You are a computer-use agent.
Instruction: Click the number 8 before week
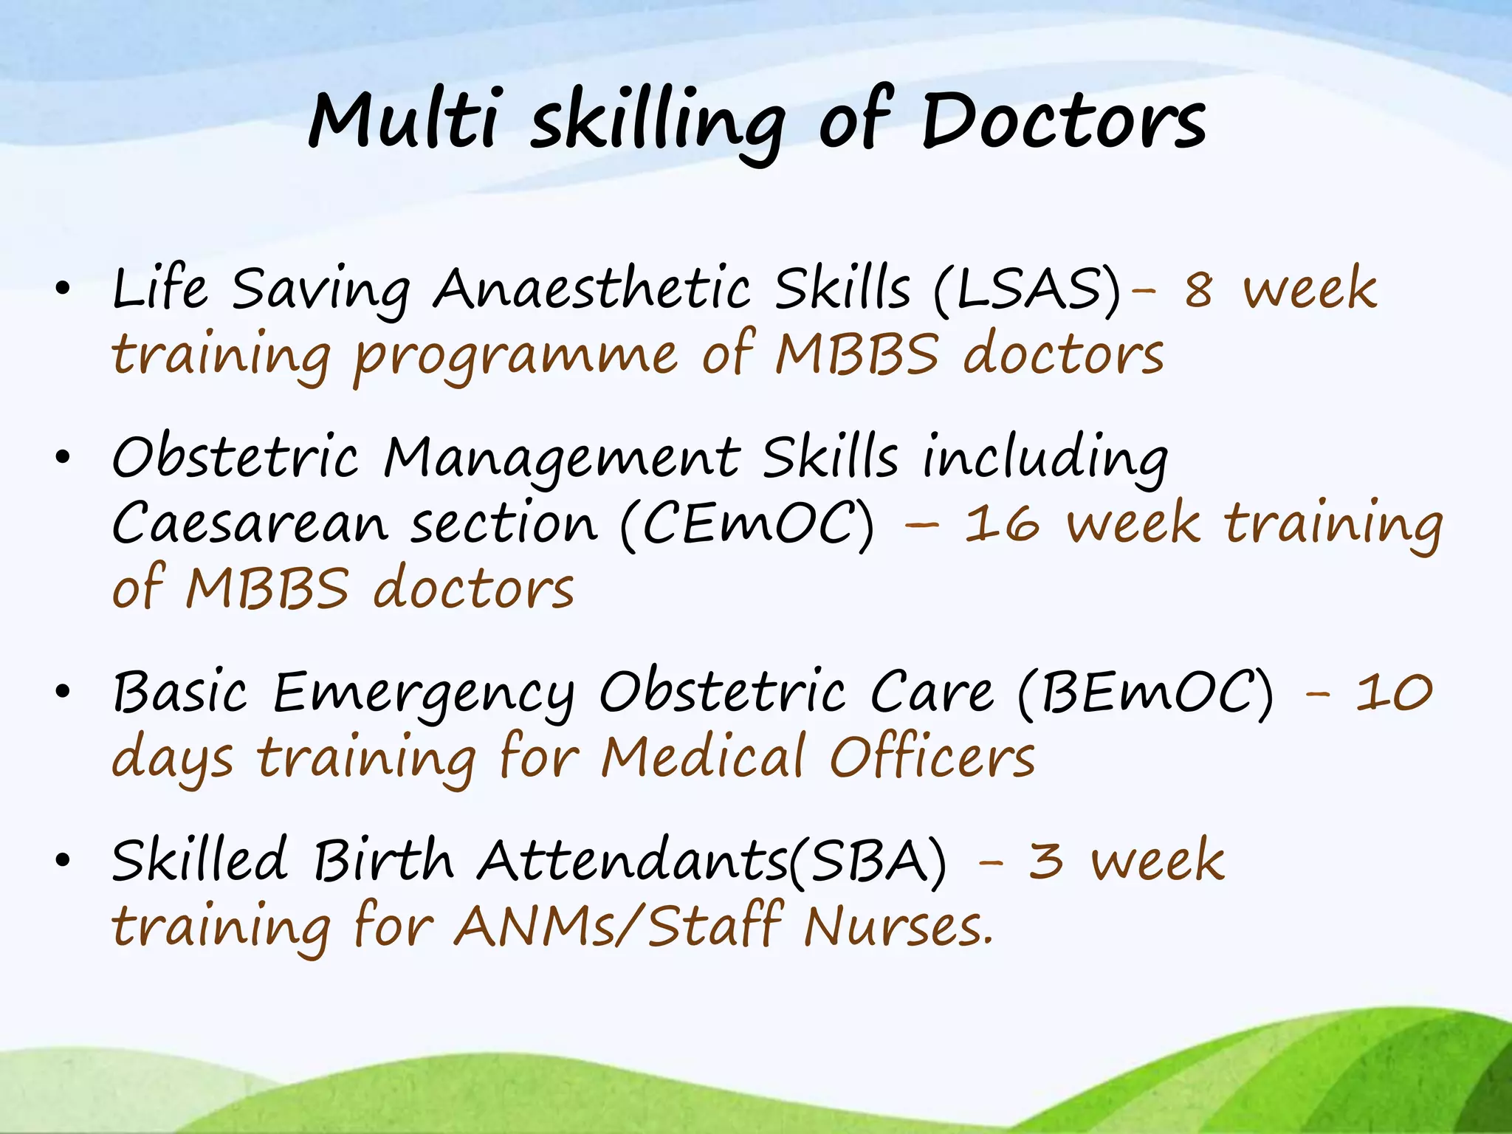1198,289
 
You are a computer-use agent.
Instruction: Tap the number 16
1002,523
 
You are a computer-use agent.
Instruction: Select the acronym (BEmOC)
1145,693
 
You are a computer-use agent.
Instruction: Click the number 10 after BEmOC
1394,693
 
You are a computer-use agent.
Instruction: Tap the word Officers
932,757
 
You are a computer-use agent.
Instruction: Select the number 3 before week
1046,861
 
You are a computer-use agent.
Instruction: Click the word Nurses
898,927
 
